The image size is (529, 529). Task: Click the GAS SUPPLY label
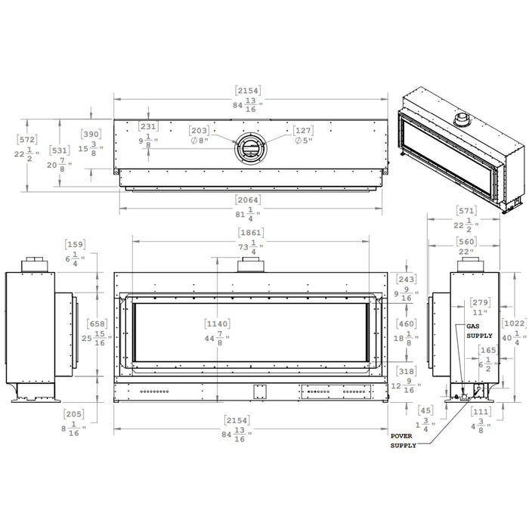coord(479,330)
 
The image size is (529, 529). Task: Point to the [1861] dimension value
coord(251,232)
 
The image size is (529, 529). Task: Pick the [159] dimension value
coord(76,244)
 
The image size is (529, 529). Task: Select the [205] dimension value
coord(74,414)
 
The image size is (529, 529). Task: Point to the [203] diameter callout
coord(200,131)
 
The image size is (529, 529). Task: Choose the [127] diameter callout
coord(302,131)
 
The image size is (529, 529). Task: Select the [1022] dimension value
coord(514,320)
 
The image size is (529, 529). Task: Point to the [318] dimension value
coord(406,372)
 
